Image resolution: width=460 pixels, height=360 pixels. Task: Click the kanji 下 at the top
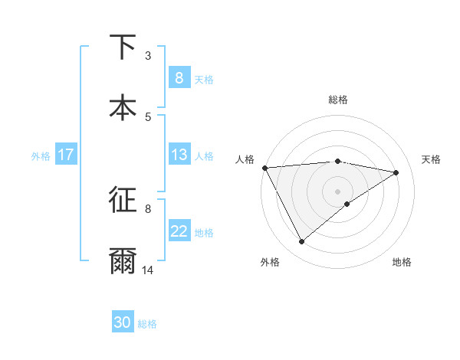click(123, 47)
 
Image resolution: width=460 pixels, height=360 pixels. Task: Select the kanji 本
click(123, 107)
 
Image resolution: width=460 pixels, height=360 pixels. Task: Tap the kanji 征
click(123, 199)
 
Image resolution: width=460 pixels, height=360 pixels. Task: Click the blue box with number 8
click(179, 78)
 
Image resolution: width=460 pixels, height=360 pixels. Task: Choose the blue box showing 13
click(179, 155)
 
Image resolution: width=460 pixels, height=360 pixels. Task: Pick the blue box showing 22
click(179, 231)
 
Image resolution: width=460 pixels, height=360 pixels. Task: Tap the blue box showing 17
click(66, 155)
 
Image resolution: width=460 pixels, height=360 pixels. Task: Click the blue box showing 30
click(123, 322)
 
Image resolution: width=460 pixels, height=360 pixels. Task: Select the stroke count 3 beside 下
click(148, 55)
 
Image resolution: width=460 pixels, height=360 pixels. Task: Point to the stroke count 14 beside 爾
click(148, 270)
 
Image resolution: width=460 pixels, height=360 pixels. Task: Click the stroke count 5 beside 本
click(148, 116)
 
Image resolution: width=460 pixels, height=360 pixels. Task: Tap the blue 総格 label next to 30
click(147, 324)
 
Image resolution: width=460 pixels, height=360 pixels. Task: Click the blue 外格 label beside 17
click(41, 155)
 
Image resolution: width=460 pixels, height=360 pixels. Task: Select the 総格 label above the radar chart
click(338, 100)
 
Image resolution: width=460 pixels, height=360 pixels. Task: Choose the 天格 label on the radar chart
click(431, 159)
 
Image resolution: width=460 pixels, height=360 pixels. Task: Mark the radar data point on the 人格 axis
click(264, 168)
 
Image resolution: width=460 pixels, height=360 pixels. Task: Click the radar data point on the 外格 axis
click(301, 242)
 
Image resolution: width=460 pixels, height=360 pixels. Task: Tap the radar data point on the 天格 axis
click(396, 172)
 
